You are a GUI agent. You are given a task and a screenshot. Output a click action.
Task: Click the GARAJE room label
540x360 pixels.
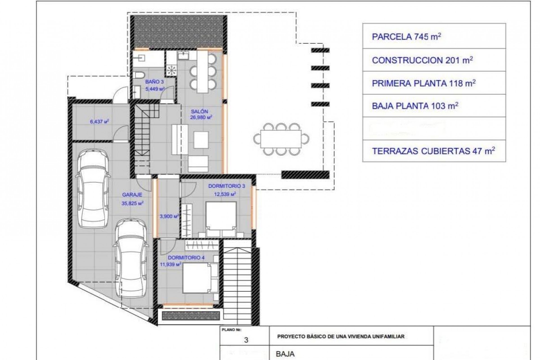[132, 195]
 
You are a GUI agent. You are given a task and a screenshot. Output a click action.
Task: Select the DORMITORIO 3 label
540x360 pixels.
[226, 186]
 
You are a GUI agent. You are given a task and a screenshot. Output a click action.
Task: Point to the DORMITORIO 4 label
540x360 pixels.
[186, 258]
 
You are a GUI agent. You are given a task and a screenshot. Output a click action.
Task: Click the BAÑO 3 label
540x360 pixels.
[154, 82]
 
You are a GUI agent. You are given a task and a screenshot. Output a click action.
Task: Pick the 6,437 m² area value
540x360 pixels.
[99, 122]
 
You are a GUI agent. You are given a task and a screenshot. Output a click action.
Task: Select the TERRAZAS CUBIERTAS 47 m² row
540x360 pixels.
[434, 151]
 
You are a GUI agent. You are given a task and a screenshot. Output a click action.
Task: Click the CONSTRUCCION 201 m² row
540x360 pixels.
[434, 60]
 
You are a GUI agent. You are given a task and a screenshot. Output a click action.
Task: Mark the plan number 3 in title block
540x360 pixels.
[246, 340]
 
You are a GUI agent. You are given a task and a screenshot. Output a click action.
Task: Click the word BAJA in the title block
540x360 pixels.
[285, 354]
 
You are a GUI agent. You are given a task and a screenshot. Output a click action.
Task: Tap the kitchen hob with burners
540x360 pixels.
[171, 70]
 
